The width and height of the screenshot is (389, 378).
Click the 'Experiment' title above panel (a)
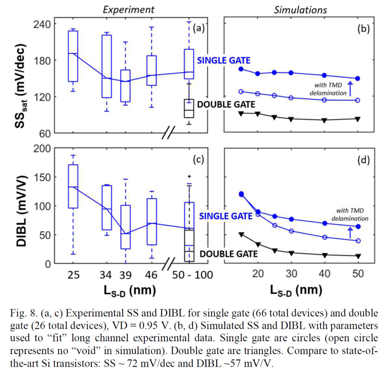[x=128, y=10]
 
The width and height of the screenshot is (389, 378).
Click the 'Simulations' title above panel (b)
[x=300, y=10]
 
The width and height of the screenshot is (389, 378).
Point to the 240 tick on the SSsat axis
[x=42, y=25]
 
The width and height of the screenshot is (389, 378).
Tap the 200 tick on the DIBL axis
[x=42, y=149]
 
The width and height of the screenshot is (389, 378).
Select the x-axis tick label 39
[x=125, y=275]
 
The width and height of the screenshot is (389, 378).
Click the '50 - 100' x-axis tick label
[x=192, y=275]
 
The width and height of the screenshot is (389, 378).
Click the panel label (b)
[x=363, y=29]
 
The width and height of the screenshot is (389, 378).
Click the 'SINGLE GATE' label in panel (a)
[x=224, y=61]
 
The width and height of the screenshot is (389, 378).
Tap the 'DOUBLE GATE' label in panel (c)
[x=229, y=254]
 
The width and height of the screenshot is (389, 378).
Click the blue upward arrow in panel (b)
[x=350, y=88]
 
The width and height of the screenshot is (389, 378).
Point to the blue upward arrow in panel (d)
[x=350, y=233]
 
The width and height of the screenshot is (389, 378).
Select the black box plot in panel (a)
[x=189, y=109]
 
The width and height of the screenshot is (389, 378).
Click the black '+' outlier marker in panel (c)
[x=189, y=177]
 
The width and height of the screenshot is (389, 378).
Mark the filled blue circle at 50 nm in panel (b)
[x=358, y=78]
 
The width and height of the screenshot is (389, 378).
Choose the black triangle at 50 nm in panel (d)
[x=358, y=256]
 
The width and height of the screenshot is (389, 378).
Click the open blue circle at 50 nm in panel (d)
[x=358, y=241]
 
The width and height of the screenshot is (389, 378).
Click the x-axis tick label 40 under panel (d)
[x=324, y=274]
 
